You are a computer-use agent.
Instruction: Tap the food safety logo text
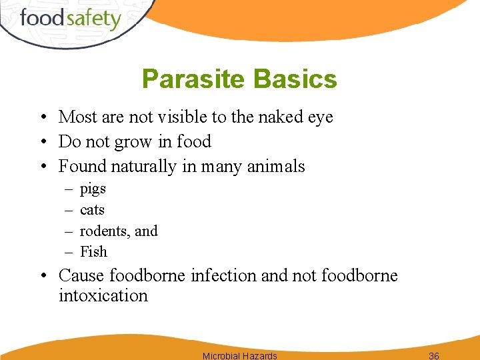tap(70, 18)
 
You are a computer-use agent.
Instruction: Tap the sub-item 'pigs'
tap(93, 189)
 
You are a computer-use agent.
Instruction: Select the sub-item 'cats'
tap(92, 210)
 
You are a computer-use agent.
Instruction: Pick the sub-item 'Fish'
tap(93, 252)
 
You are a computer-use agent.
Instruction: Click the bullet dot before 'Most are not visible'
tap(42, 118)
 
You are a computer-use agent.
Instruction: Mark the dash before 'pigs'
tap(69, 190)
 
